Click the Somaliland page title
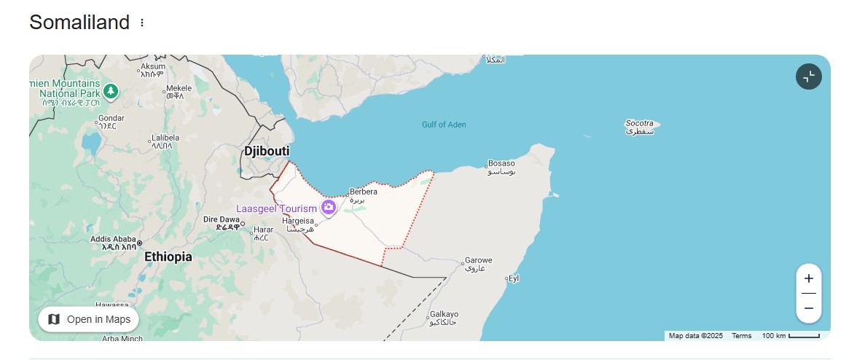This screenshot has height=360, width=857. pyautogui.click(x=79, y=23)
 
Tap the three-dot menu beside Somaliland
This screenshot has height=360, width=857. pyautogui.click(x=142, y=23)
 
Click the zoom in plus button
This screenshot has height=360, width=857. pyautogui.click(x=808, y=278)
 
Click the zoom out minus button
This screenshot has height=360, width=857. pyautogui.click(x=808, y=308)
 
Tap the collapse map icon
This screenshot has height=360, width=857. pyautogui.click(x=808, y=77)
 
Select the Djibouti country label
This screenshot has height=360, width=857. pyautogui.click(x=266, y=151)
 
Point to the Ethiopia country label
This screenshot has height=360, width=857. pyautogui.click(x=168, y=257)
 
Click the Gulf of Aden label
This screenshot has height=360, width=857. pyautogui.click(x=444, y=125)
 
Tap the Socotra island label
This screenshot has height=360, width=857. pyautogui.click(x=640, y=124)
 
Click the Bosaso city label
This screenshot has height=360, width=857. pyautogui.click(x=501, y=163)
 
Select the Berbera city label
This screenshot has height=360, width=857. pyautogui.click(x=364, y=192)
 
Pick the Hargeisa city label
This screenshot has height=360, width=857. pyautogui.click(x=298, y=221)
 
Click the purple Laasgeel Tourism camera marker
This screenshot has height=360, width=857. pyautogui.click(x=329, y=208)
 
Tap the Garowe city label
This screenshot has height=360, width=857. pyautogui.click(x=479, y=260)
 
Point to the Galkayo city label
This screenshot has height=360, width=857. pyautogui.click(x=444, y=313)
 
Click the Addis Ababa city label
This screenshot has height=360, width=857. pyautogui.click(x=113, y=239)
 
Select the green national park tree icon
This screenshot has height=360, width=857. pyautogui.click(x=110, y=91)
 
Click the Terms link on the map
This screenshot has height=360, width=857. pyautogui.click(x=742, y=336)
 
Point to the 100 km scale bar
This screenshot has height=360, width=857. pyautogui.click(x=791, y=336)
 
